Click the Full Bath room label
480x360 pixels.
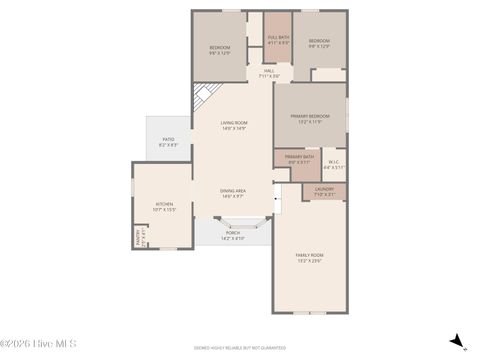pos(279,41)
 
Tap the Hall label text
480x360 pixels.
pos(269,73)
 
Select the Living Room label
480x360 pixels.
pos(234,125)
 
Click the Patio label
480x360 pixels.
pos(169,143)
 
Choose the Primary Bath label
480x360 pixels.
pos(299,158)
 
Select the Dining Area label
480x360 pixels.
pos(234,192)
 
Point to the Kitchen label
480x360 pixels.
pos(165,207)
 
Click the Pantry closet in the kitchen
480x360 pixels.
pos(140,237)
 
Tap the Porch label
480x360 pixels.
pos(232,235)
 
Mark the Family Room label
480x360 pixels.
pos(309,257)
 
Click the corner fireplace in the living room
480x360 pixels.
pos(202,97)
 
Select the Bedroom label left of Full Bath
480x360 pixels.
pos(220,50)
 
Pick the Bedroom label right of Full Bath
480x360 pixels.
pos(319,43)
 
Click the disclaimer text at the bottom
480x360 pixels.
pos(240,348)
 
